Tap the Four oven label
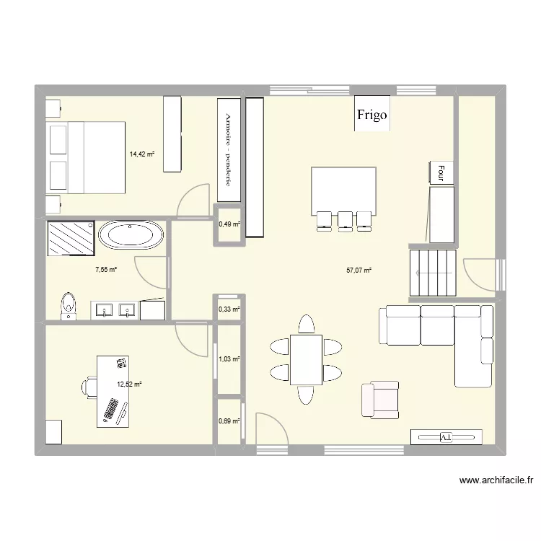(x=440, y=172)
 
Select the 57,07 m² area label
(x=359, y=270)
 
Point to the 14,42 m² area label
(x=142, y=154)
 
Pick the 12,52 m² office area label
(x=129, y=384)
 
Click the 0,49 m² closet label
(x=229, y=224)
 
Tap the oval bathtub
(x=131, y=236)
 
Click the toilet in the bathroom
(x=69, y=304)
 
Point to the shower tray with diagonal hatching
(x=71, y=237)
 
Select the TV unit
(x=445, y=437)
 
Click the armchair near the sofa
(x=380, y=400)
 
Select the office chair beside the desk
(x=88, y=387)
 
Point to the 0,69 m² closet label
(x=229, y=421)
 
